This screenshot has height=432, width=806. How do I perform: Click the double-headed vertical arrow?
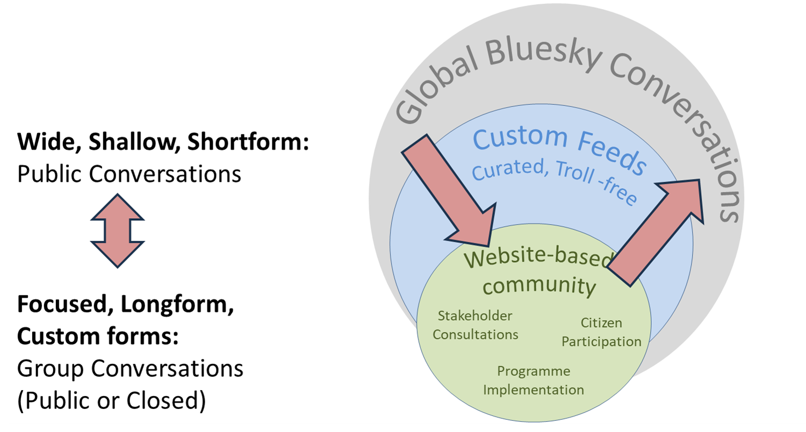pyautogui.click(x=117, y=231)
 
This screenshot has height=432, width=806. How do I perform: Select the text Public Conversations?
pyautogui.click(x=129, y=174)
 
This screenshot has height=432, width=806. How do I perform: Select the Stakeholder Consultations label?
pyautogui.click(x=476, y=325)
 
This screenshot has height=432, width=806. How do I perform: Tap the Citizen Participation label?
pyautogui.click(x=601, y=332)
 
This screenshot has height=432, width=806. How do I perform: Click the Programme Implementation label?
pyautogui.click(x=533, y=380)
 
